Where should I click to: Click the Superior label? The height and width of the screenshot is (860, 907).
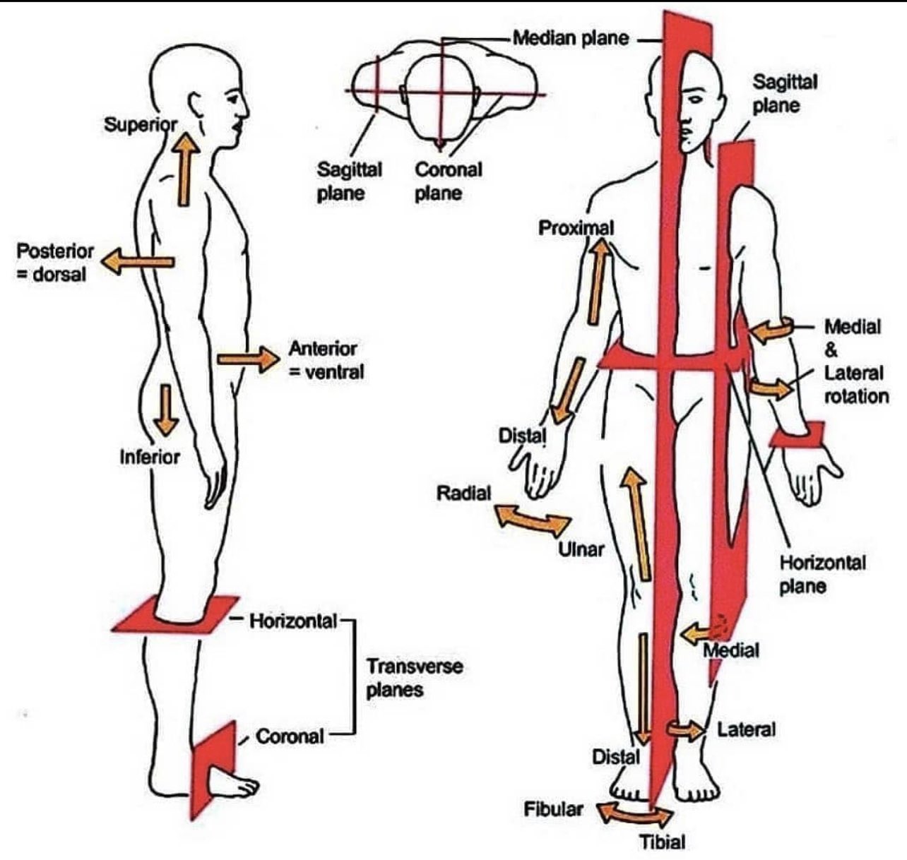click(141, 125)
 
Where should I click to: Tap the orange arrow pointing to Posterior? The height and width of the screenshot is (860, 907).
click(138, 261)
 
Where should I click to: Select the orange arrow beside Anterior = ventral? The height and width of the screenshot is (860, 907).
click(248, 359)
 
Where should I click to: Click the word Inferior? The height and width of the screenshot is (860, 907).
click(150, 457)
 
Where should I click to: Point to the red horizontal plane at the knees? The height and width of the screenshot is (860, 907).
click(176, 614)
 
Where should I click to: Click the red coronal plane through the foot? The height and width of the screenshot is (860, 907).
click(213, 770)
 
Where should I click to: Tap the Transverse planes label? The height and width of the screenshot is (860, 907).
click(415, 678)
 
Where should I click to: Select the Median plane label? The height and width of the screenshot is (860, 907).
click(571, 38)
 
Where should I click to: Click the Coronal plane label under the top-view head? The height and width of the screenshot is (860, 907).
click(448, 181)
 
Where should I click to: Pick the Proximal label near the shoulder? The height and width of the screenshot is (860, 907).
click(576, 228)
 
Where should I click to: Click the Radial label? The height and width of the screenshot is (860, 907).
click(463, 494)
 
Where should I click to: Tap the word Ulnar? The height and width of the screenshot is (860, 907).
click(581, 549)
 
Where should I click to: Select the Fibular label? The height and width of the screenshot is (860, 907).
click(553, 809)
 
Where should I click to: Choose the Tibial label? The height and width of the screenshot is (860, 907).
click(662, 842)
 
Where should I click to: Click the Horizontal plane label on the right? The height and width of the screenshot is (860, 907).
click(823, 575)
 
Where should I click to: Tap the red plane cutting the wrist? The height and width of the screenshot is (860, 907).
click(798, 434)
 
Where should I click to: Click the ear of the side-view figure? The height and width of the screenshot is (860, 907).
click(196, 106)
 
